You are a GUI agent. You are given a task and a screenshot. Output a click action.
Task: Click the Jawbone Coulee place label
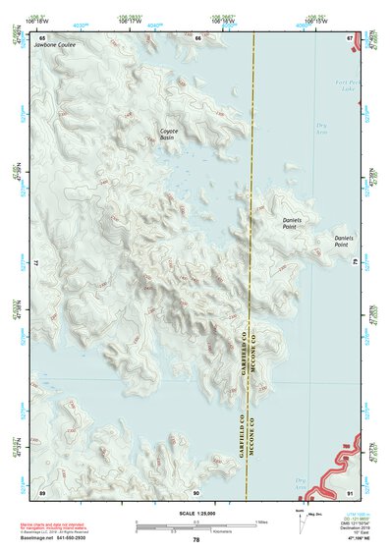[x=53, y=45]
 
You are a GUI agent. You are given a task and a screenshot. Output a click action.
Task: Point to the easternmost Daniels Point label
[x=343, y=240]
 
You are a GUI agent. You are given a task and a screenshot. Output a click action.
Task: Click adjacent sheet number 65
[x=42, y=37]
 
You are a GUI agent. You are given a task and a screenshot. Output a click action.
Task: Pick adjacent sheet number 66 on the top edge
[x=197, y=37]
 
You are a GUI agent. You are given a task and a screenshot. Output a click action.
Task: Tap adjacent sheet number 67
[x=350, y=37]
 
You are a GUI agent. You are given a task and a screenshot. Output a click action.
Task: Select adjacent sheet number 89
[x=42, y=492]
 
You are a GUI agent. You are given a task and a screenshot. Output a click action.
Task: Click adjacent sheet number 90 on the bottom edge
[x=196, y=492]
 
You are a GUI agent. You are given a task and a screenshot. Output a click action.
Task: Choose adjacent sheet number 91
[x=350, y=492]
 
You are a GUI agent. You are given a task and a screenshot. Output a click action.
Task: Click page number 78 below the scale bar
[x=196, y=540]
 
